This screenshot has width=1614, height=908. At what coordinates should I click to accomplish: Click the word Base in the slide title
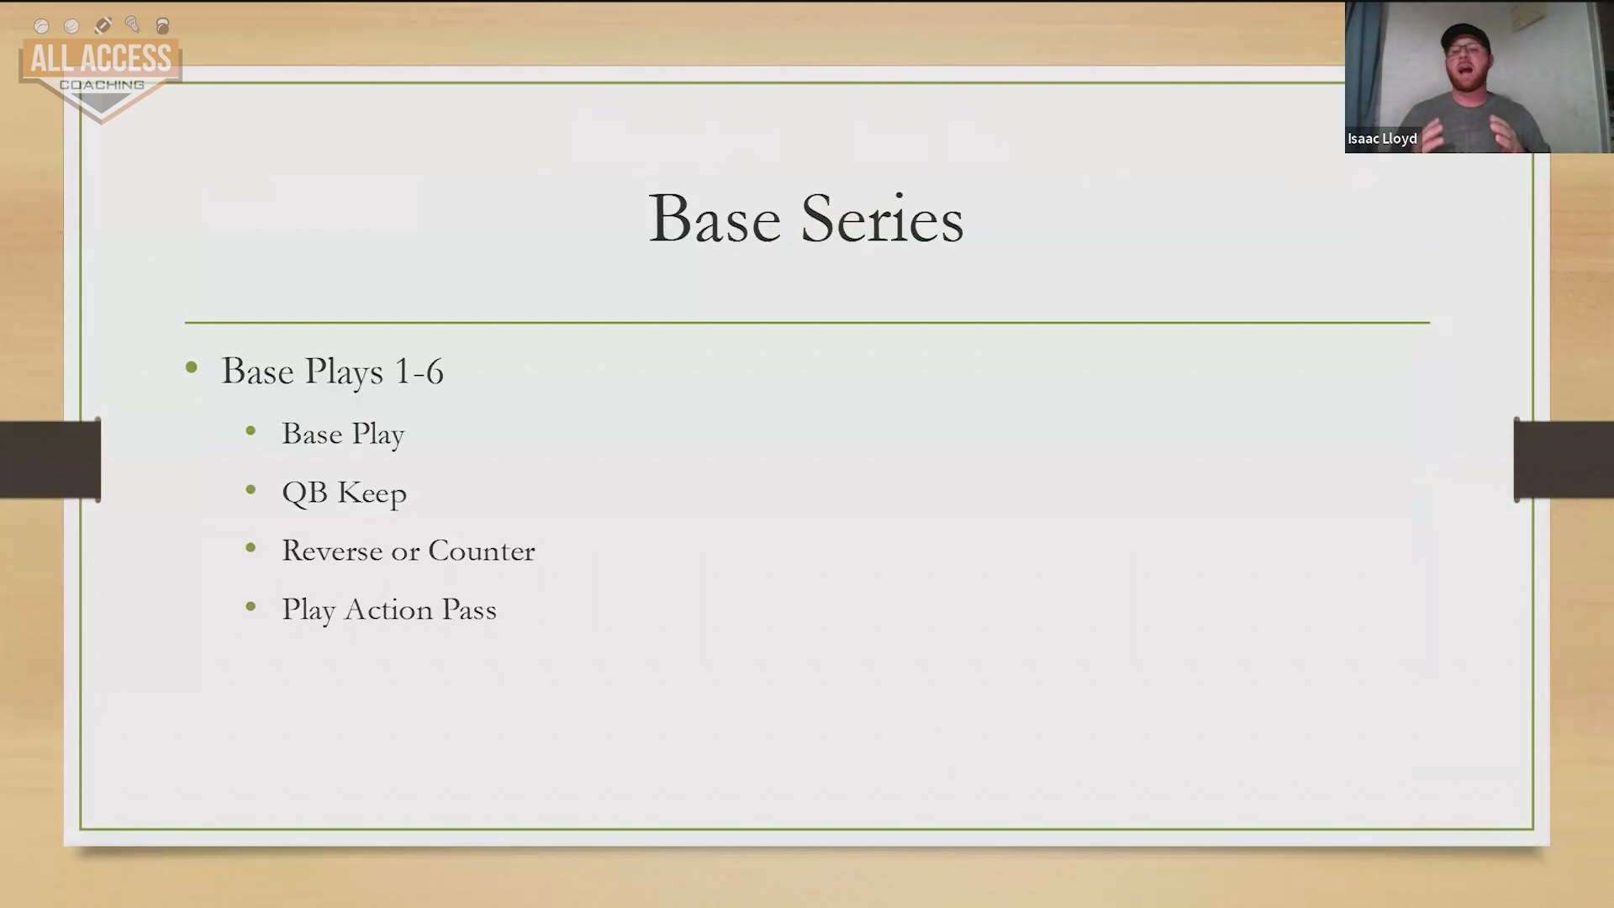coord(715,219)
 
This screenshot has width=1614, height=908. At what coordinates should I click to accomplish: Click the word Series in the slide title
coord(882,219)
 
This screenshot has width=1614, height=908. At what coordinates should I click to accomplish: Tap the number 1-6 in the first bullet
coord(419,372)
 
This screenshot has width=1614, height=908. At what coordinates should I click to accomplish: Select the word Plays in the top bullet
coord(344,372)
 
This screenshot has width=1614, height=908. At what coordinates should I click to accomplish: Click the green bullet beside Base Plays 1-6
coord(192,367)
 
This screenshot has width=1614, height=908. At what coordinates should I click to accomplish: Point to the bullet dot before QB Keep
coord(251,489)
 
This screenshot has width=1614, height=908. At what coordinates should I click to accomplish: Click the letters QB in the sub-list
coord(304,493)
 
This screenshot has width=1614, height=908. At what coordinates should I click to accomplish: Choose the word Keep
coord(372,494)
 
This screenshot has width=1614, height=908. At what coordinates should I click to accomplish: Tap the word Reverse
coord(332,551)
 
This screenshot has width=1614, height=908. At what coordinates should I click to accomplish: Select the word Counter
coord(482,551)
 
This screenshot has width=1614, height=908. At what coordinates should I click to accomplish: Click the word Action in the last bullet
coord(388,610)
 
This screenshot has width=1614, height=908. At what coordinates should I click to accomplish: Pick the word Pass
coord(469,610)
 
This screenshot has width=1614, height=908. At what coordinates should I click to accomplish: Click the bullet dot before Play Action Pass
coord(251,606)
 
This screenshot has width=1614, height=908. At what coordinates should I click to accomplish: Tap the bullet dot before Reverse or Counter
coord(251,548)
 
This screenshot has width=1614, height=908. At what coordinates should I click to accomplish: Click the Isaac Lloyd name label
coord(1382,139)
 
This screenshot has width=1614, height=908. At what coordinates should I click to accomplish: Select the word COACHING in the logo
coord(102,85)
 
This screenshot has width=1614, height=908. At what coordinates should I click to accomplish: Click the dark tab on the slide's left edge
coord(50,459)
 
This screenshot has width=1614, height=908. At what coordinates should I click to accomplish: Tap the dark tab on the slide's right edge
coord(1564,459)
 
